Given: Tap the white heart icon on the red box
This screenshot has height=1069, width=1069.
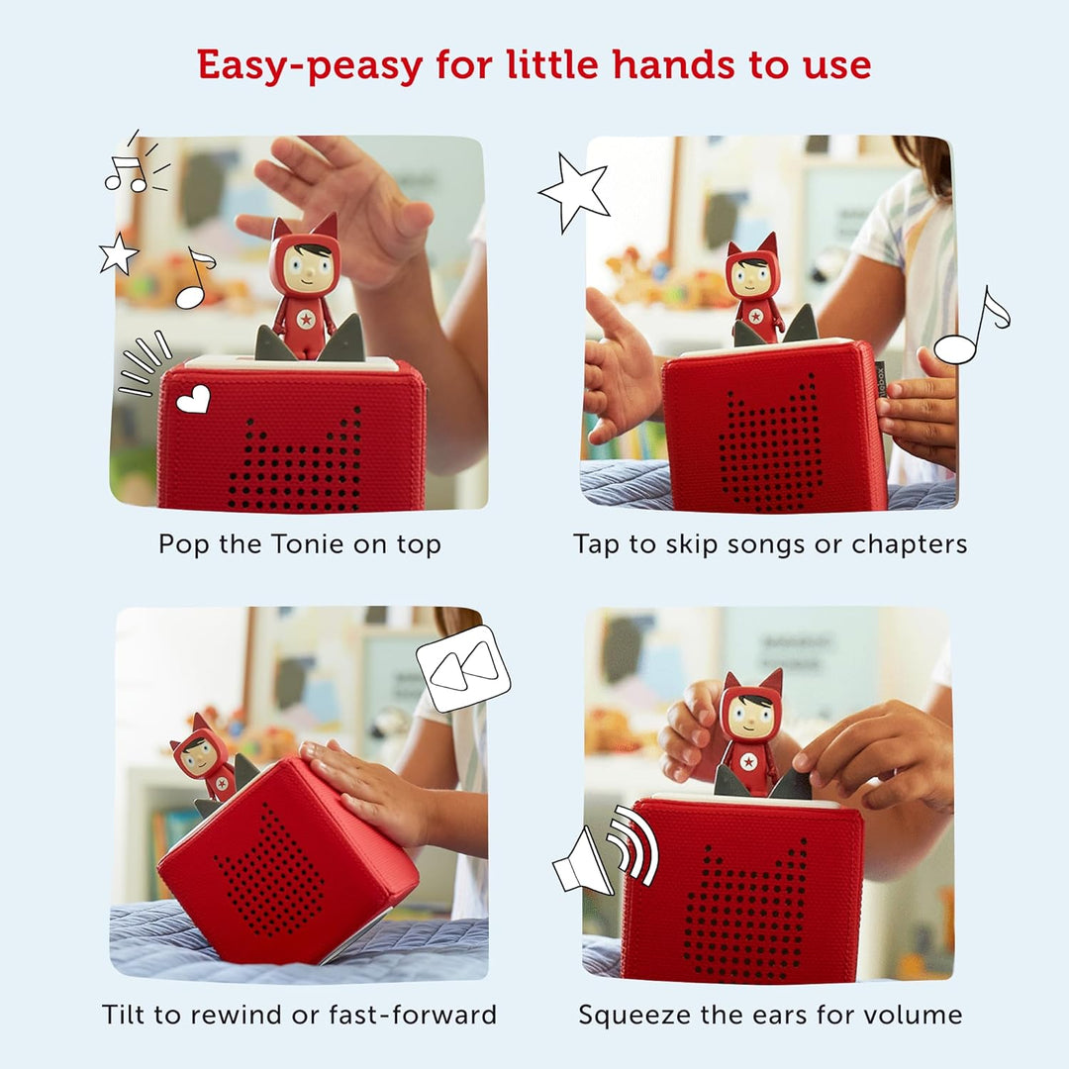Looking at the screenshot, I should coord(193,399).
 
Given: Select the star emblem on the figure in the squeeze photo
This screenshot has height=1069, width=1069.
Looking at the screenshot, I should coord(749,763).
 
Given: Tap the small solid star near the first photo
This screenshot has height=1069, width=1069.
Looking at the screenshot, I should coord(118,254).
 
